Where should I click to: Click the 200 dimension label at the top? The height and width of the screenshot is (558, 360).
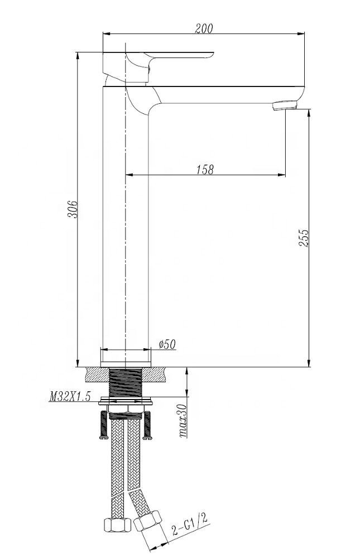pos(204,28)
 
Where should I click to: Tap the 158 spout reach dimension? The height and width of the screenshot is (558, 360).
pos(205,169)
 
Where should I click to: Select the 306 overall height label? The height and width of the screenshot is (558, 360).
pos(73,209)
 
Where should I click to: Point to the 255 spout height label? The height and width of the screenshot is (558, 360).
pos(304,238)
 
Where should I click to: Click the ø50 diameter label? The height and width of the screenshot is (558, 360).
pos(167,344)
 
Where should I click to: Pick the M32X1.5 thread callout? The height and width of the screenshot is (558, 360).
pos(70,396)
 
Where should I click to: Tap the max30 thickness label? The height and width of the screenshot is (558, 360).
pos(183,421)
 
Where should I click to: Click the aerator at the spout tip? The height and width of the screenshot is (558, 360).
pos(285,105)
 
